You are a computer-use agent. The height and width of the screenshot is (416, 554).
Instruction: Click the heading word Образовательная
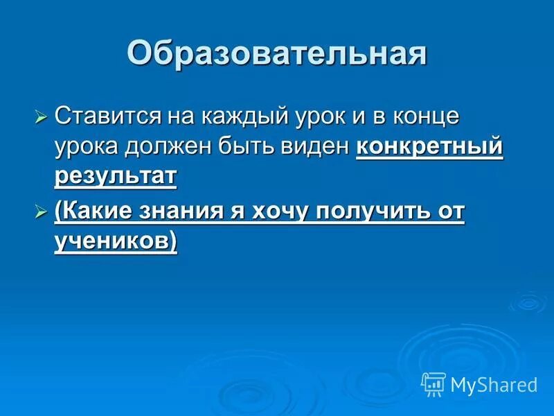pyautogui.click(x=276, y=53)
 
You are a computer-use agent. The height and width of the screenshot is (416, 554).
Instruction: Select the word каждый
pyautogui.click(x=230, y=115)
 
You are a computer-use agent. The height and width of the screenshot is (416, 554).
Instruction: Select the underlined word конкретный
pyautogui.click(x=429, y=146)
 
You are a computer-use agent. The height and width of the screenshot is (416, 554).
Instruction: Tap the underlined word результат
pyautogui.click(x=115, y=177)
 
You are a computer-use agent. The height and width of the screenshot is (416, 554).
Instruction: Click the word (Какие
pyautogui.click(x=94, y=211)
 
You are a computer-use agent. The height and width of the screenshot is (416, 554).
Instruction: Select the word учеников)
pyautogui.click(x=115, y=241)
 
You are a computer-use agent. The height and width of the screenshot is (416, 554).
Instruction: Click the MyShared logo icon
pyautogui.click(x=433, y=383)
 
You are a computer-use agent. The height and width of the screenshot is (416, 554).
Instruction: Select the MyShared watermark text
pyautogui.click(x=494, y=384)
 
